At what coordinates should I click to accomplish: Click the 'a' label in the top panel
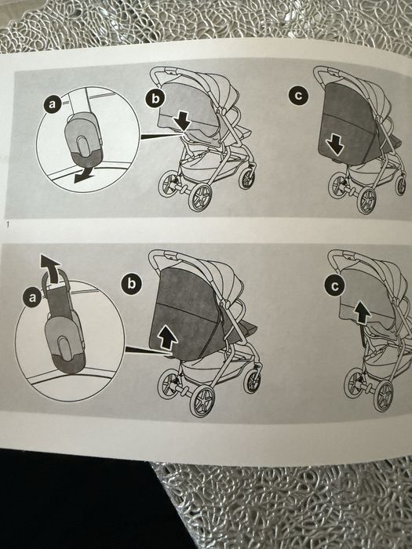[x=53, y=104]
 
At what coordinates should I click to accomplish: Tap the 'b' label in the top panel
[x=155, y=99]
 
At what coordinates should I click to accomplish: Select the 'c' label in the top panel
[x=298, y=96]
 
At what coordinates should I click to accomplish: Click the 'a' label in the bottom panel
[x=32, y=297]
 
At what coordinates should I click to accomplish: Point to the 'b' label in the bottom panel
[x=131, y=283]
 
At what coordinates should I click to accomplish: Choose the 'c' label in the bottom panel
[x=335, y=286]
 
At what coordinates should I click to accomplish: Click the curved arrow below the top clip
[x=83, y=175]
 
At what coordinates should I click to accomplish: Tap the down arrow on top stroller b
[x=182, y=121]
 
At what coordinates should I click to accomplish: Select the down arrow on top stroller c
[x=336, y=145]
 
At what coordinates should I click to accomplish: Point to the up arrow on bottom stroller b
[x=167, y=337]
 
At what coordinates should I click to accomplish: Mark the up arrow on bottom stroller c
[x=362, y=313]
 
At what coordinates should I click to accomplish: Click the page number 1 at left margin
[x=8, y=224]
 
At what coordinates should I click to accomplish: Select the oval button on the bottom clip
[x=65, y=347]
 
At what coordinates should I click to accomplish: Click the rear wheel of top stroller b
[x=200, y=197]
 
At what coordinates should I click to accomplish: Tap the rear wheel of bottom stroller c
[x=383, y=396]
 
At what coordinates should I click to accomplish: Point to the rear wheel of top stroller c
[x=366, y=200]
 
